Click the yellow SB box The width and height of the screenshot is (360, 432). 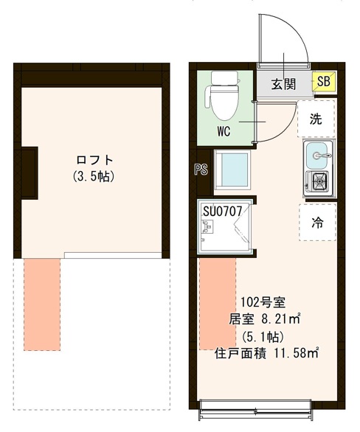click(323, 83)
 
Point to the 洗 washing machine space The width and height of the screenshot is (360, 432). click(316, 119)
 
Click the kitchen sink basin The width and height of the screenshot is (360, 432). click(319, 155)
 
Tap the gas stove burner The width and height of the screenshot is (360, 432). click(319, 181)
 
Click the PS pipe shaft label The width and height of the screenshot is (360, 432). click(200, 169)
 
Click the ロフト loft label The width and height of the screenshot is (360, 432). click(95, 160)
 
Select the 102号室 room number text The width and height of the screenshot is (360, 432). click(257, 302)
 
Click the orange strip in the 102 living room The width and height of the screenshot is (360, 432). click(217, 302)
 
